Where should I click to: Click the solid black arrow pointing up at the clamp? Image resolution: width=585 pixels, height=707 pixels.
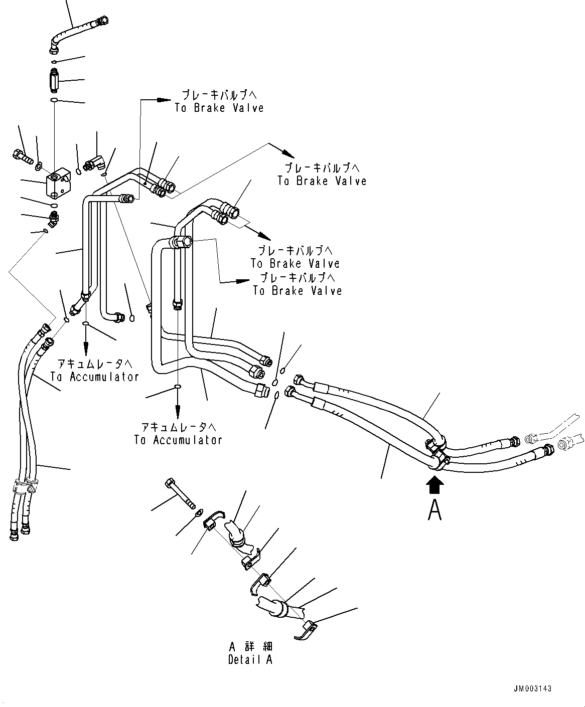click(x=434, y=485)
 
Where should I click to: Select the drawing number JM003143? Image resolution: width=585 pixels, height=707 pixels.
click(x=532, y=688)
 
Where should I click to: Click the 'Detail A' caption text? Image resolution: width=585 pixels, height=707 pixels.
click(x=250, y=659)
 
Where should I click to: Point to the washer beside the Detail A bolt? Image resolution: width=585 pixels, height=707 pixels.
click(x=199, y=512)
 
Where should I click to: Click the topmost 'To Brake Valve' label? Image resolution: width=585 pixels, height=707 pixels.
click(x=219, y=107)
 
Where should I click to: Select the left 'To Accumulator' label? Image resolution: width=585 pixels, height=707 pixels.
click(x=94, y=377)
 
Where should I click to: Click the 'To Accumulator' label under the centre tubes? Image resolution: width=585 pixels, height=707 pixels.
click(x=178, y=440)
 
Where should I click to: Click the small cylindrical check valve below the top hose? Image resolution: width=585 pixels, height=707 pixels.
click(x=54, y=79)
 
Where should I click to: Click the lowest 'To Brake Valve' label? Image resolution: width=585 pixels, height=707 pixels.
click(x=298, y=290)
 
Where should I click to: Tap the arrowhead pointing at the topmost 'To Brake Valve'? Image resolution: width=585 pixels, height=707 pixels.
click(x=163, y=100)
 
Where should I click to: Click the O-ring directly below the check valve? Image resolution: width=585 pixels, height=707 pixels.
click(x=54, y=101)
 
